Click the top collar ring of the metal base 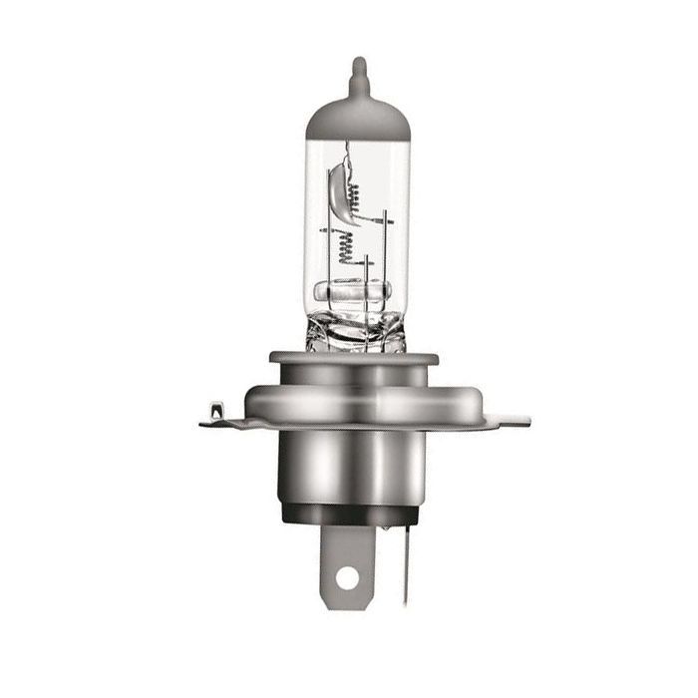(354, 357)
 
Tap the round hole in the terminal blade (346, 576)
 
